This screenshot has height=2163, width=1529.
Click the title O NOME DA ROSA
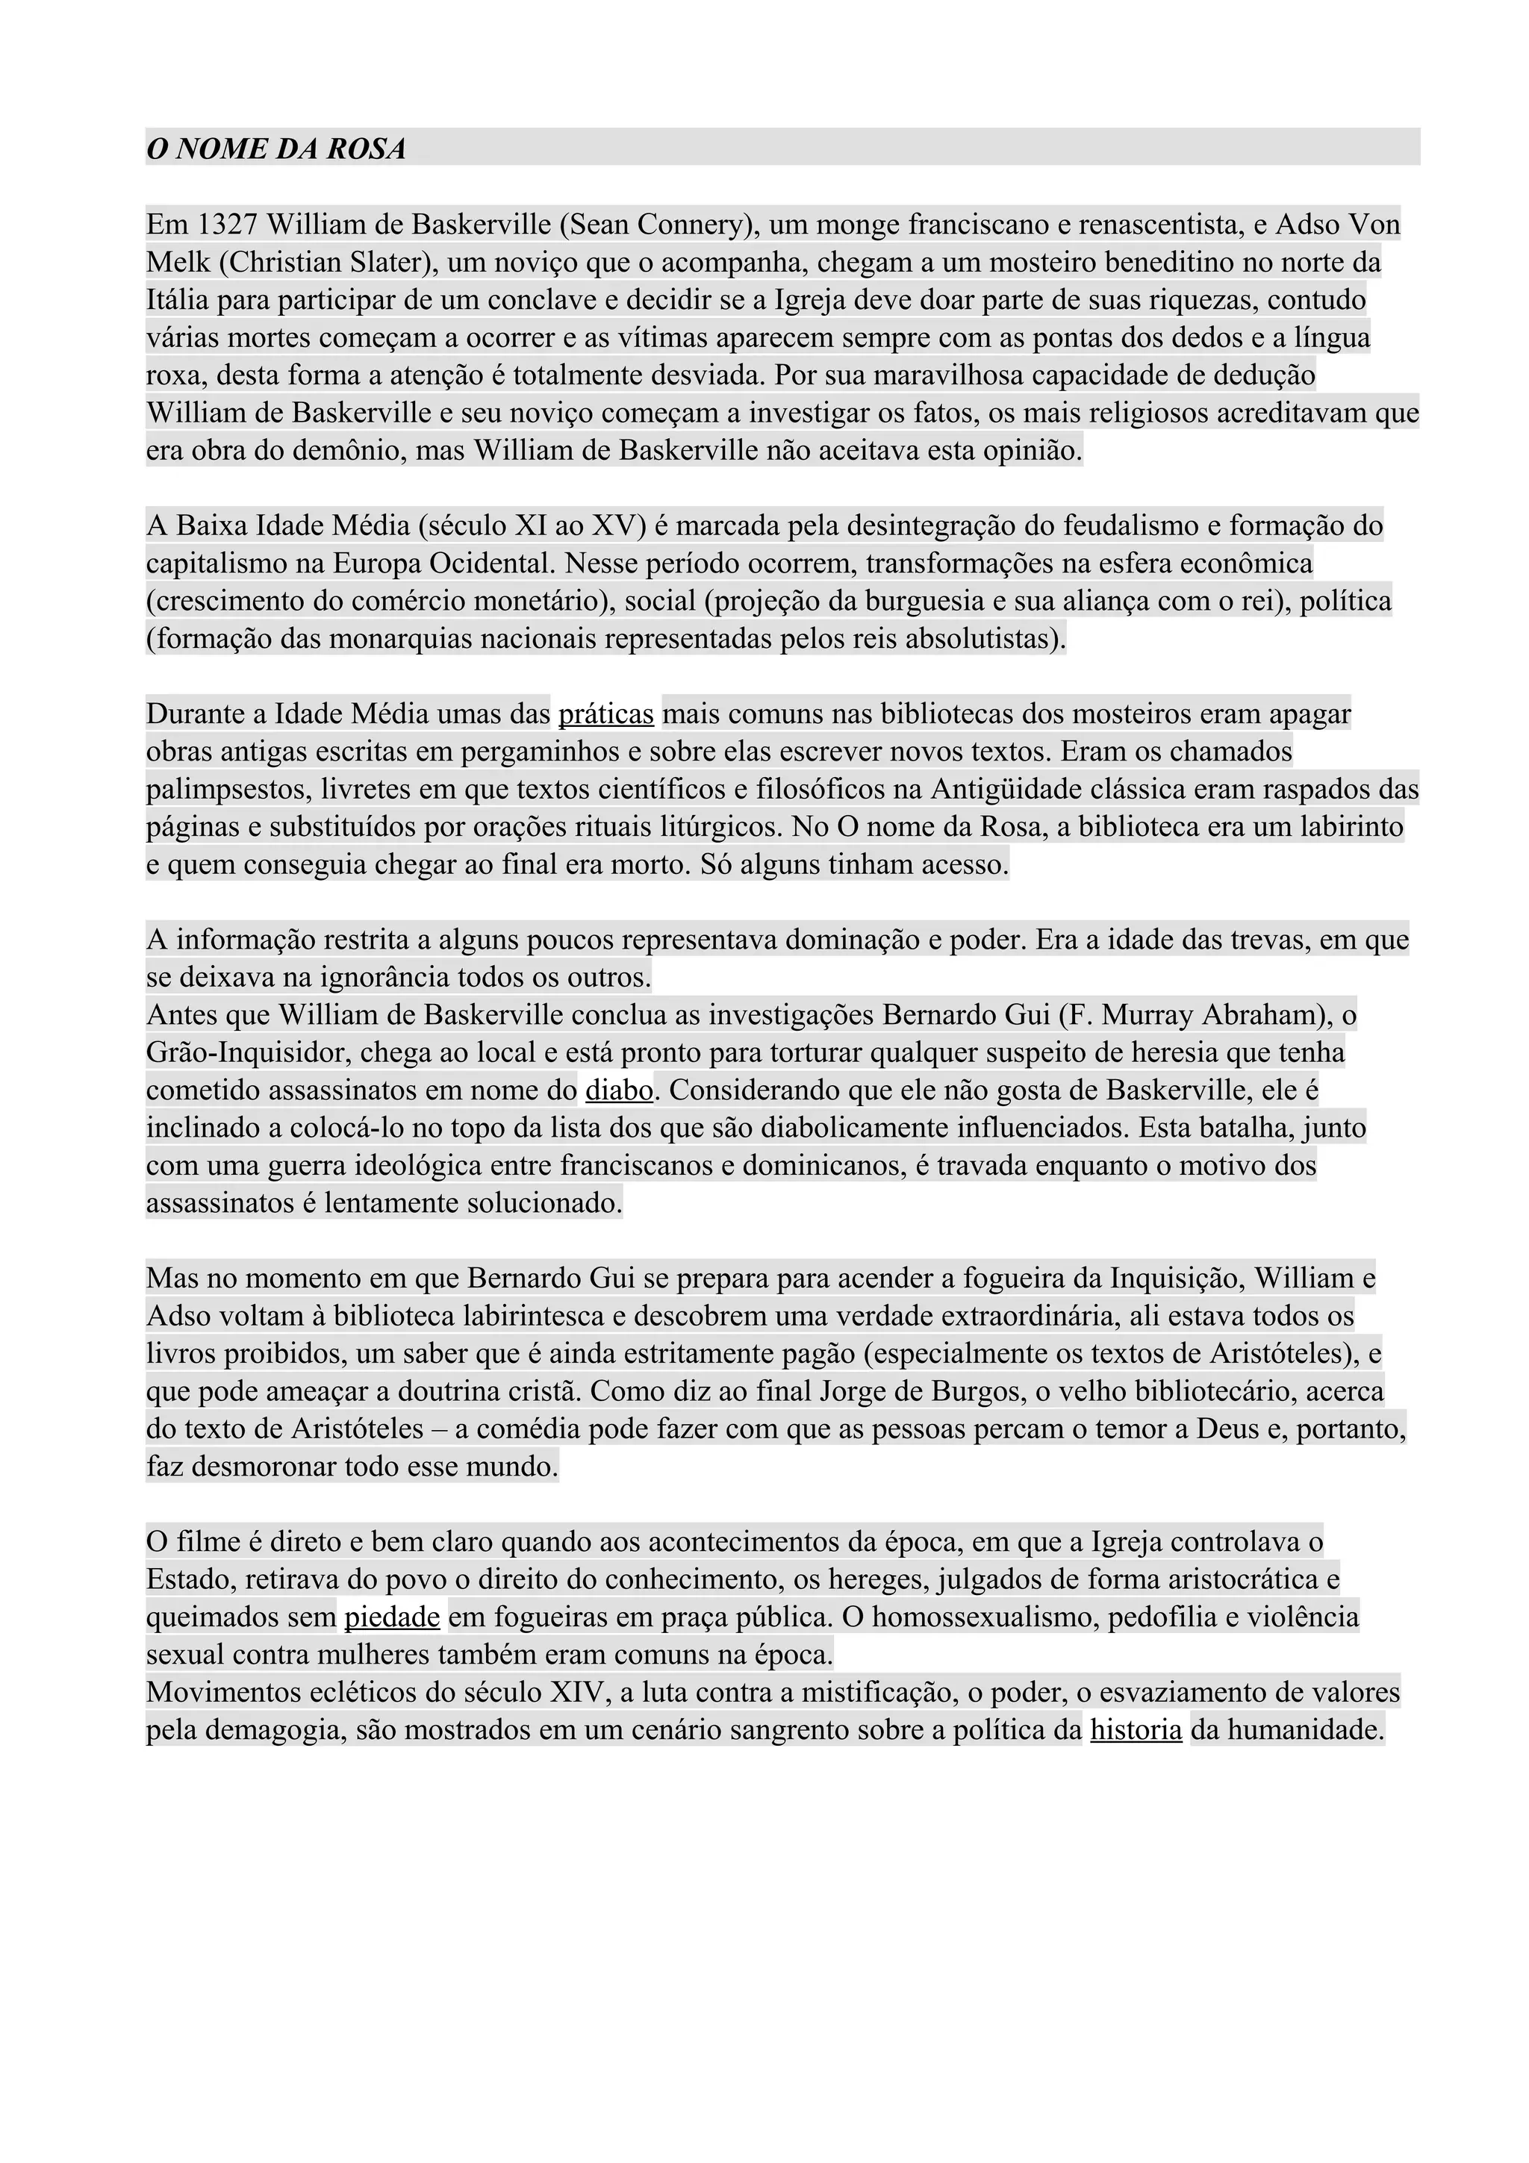tap(276, 149)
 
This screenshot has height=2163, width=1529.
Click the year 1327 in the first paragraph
tap(228, 225)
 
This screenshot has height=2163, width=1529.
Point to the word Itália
tap(177, 301)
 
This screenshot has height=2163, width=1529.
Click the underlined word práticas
tap(605, 714)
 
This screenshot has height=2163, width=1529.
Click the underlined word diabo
tap(619, 1091)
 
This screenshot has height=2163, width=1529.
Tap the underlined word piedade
tap(392, 1617)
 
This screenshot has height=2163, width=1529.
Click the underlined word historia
tap(1136, 1731)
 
